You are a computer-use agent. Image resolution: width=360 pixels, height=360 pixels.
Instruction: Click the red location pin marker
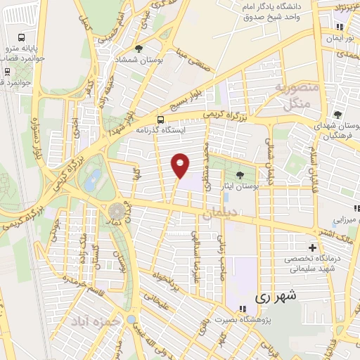coord(181,165)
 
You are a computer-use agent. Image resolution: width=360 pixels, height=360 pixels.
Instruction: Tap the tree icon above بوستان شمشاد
coord(139,49)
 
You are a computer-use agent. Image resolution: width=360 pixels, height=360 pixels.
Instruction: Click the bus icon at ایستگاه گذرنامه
coord(162,119)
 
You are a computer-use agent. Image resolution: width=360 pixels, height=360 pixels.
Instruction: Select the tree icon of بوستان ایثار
coord(240,174)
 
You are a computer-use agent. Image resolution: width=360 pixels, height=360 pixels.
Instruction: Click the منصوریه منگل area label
coord(296,96)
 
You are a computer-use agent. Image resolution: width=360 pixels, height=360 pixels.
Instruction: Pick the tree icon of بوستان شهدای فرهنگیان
coord(338,115)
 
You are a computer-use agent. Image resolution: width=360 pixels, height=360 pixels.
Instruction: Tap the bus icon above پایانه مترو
coord(22,37)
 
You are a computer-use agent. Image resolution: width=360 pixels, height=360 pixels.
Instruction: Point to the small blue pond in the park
coord(91,181)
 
